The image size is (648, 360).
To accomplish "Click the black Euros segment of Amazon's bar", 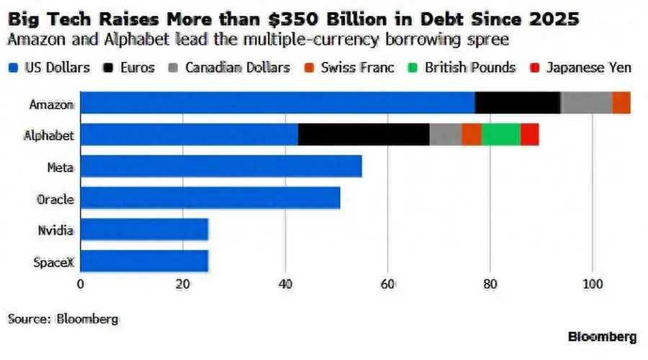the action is tap(518, 102).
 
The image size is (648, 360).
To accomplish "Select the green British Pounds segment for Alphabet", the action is tap(501, 135).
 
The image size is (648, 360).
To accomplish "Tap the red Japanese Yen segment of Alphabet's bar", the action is tap(530, 135).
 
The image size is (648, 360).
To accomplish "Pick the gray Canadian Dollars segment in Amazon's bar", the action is tap(586, 102).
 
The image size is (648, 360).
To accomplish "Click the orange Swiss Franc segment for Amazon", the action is tap(621, 102).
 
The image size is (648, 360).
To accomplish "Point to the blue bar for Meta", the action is tap(221, 166).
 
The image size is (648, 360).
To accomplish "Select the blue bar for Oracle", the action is tap(210, 198).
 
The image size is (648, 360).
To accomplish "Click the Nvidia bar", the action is tap(144, 230).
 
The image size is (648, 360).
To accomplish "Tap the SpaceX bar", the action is tap(144, 261).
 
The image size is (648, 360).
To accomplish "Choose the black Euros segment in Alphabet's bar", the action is tap(364, 135).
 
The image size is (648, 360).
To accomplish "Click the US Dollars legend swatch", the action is tap(13, 68).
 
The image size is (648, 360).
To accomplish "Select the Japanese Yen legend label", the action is tap(589, 68).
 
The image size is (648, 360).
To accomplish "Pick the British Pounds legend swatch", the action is tap(413, 68).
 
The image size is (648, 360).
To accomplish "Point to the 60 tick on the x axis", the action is tap(387, 284).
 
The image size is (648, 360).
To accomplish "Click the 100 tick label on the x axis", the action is tap(593, 284).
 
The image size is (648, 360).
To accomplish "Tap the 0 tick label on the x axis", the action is tap(81, 284).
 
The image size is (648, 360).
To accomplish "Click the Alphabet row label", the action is tap(49, 135).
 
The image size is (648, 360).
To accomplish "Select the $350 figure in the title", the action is tap(294, 19).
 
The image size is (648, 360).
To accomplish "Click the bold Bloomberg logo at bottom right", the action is tap(603, 337).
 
